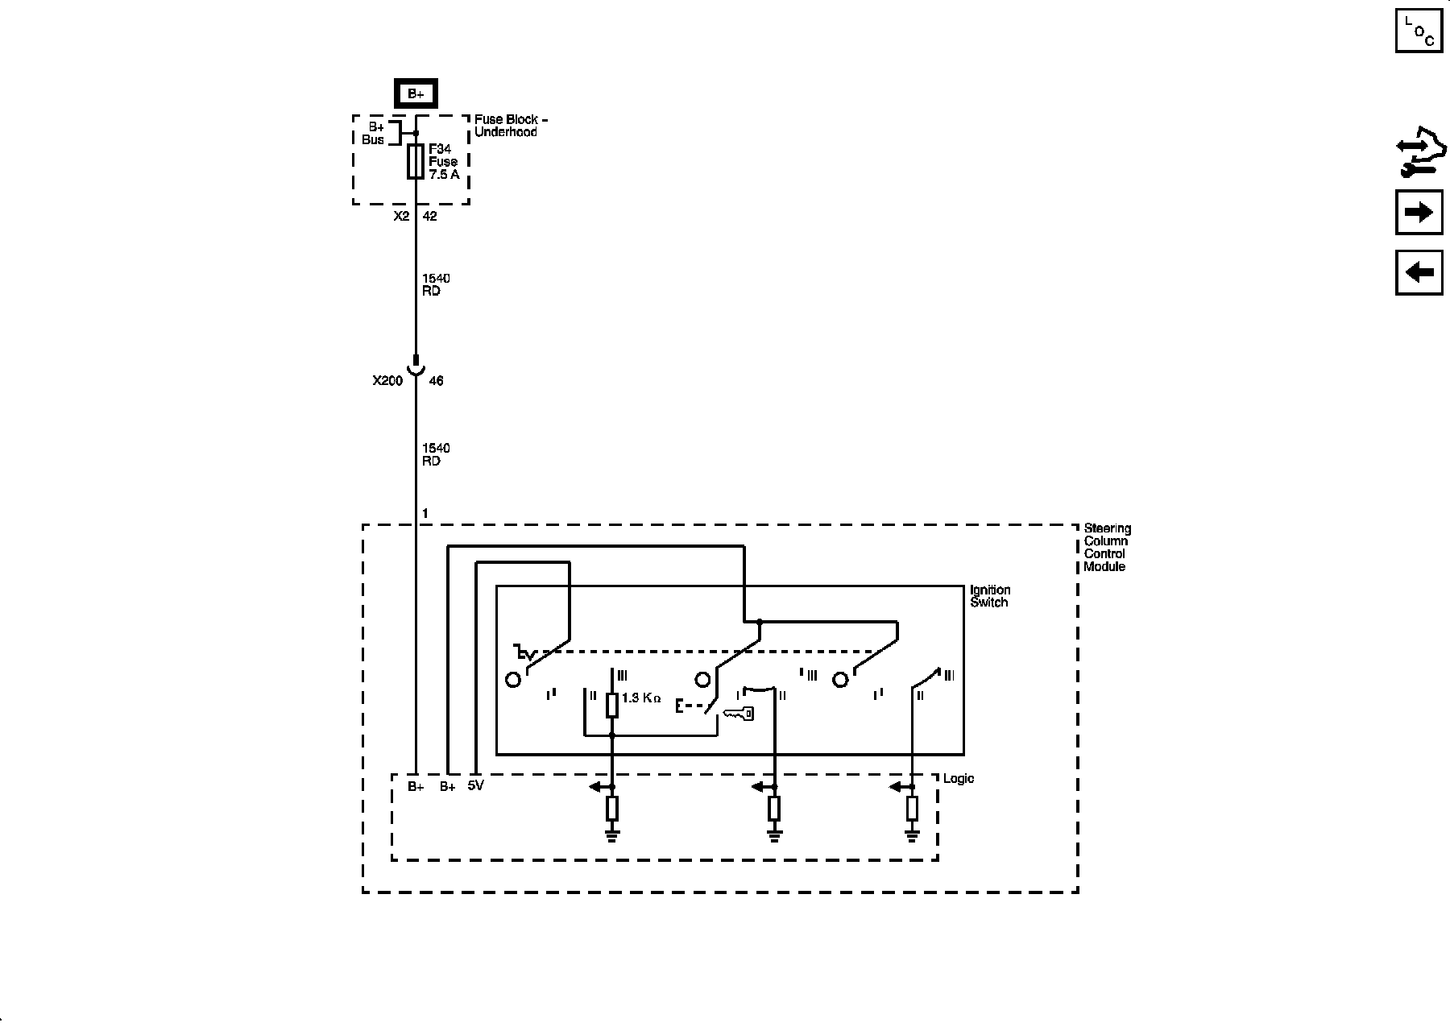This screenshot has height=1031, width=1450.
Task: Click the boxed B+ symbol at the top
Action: click(x=415, y=94)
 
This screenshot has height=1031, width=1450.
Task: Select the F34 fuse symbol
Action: click(x=416, y=161)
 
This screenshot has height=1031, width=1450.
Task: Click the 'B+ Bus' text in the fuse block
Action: click(x=374, y=134)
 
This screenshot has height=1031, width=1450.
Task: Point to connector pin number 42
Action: click(x=430, y=217)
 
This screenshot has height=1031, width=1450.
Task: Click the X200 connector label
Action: click(x=387, y=381)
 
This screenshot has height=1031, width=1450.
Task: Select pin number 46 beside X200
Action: click(x=436, y=381)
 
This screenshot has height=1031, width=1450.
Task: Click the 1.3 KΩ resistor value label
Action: click(x=641, y=698)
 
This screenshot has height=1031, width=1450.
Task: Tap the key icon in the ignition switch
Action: click(x=738, y=714)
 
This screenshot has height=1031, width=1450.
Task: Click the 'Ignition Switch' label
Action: click(x=989, y=596)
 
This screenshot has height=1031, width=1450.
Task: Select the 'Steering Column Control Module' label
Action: click(x=1106, y=548)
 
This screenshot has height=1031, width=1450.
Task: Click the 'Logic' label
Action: click(x=959, y=779)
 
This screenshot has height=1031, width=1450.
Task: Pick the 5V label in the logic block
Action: click(x=475, y=786)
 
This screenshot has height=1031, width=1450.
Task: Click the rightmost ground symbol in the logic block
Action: click(x=912, y=835)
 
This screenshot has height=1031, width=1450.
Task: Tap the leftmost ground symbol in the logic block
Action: click(x=612, y=835)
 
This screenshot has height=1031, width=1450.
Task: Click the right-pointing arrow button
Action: click(x=1419, y=212)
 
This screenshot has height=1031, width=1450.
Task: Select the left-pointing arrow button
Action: click(x=1419, y=272)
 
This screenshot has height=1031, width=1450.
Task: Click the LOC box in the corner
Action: click(x=1419, y=31)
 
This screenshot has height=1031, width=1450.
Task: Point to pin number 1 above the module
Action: click(x=425, y=514)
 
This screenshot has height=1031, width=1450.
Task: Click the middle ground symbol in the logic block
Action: click(x=774, y=835)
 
